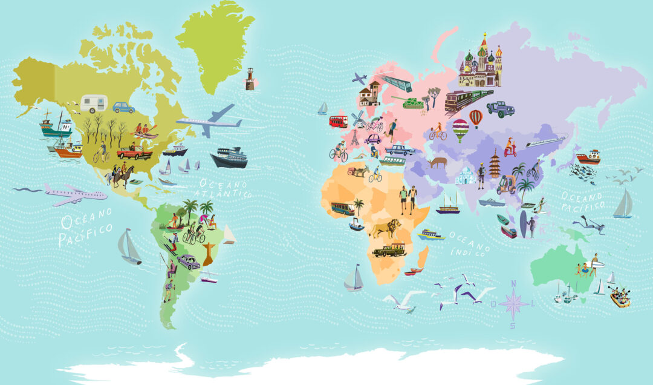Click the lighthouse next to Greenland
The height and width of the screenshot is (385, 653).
[x=250, y=79]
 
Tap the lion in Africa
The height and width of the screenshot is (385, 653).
[x=385, y=228]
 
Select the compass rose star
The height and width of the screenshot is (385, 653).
[x=513, y=303]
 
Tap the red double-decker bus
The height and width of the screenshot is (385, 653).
[x=338, y=121]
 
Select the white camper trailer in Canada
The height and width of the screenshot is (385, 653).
[x=94, y=103]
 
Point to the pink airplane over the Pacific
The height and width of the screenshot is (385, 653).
[x=73, y=194]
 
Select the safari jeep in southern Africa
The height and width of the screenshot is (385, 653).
[x=389, y=249]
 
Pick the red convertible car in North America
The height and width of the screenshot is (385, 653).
[x=135, y=152]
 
